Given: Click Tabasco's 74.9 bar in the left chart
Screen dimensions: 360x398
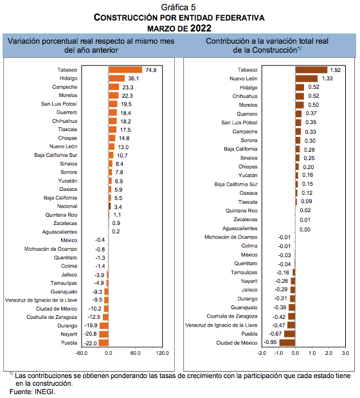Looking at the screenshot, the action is (125, 70).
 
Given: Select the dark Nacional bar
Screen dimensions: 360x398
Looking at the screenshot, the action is (109, 206).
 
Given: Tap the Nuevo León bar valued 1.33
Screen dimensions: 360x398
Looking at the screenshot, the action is (306, 78).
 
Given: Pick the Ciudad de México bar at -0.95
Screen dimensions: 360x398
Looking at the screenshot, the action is (287, 343).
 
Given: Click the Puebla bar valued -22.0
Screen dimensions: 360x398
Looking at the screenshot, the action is (104, 343).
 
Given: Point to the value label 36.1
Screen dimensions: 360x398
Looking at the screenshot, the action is (134, 78).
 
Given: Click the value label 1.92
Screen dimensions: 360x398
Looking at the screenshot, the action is (336, 70).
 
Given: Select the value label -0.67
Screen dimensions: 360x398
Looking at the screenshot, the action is (275, 334).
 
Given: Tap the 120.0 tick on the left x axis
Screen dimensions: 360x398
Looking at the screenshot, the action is (163, 353).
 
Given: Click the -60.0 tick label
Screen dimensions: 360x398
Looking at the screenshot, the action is (82, 353).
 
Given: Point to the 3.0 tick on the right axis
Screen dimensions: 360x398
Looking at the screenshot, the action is (346, 353).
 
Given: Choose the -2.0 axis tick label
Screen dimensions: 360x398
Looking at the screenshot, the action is (262, 353).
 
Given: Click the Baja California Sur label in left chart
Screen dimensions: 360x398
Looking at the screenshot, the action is (55, 155).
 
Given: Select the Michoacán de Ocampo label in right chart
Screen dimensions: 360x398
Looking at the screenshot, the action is (231, 237).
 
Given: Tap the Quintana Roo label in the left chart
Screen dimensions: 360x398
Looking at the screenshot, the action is (61, 215).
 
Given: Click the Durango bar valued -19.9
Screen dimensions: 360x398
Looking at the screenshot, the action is (104, 325).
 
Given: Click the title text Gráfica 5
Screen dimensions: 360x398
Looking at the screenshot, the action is (178, 7).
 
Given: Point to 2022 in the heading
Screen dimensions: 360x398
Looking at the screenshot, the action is (201, 28).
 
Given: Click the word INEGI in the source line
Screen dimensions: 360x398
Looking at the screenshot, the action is (44, 392).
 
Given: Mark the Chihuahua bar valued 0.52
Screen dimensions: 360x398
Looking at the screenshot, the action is (300, 96).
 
